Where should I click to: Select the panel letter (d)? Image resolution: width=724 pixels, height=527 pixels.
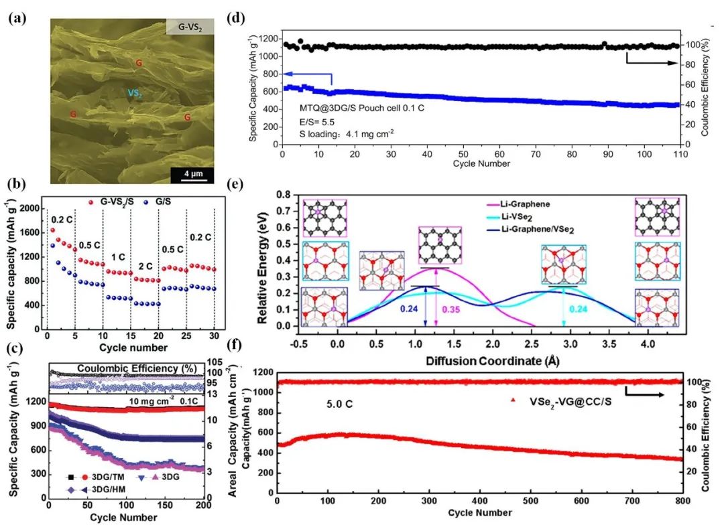pyautogui.click(x=255, y=19)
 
